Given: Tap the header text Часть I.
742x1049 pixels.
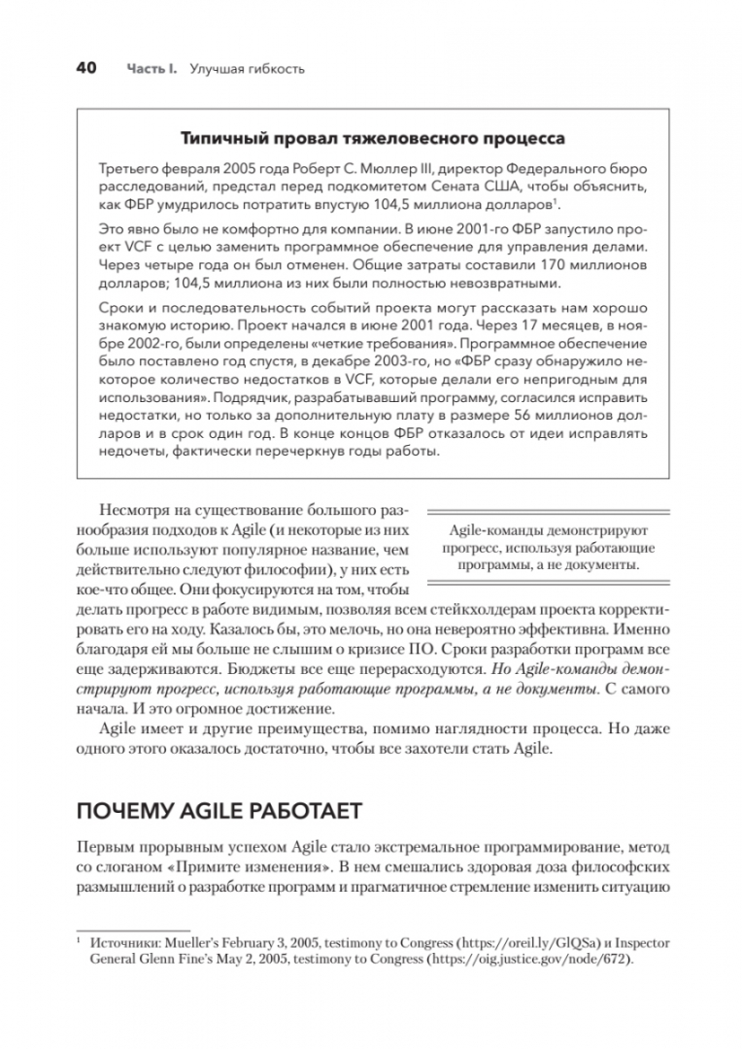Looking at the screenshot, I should click(151, 70).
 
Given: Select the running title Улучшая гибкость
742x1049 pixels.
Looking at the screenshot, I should click(248, 70).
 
